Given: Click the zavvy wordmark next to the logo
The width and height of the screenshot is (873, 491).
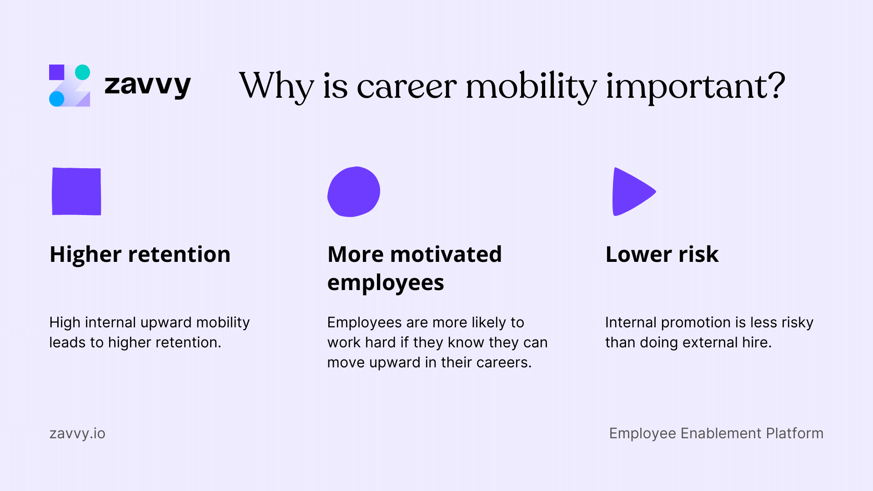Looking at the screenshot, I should tap(147, 85).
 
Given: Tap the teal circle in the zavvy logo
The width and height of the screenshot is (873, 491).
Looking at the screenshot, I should tap(82, 72).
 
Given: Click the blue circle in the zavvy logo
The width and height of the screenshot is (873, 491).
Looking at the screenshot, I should tap(57, 99).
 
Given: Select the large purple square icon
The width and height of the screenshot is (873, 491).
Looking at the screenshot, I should tap(76, 191).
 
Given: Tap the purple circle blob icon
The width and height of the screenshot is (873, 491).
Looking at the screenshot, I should tap(354, 191).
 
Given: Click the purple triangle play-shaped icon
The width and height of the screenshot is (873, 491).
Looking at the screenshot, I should tap(631, 191).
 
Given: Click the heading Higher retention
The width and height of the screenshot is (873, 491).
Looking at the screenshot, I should tap(140, 254).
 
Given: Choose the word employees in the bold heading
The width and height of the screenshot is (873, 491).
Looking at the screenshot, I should tap(386, 283).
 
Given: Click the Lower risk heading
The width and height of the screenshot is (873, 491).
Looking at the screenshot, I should tap(662, 254).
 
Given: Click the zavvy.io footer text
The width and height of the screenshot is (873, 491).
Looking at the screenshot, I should tap(77, 434).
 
